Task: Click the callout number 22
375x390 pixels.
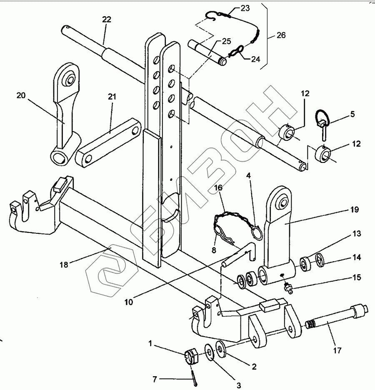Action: coord(106,20)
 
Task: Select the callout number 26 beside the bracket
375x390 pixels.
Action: coord(281,35)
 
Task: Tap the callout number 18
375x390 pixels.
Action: coord(64,265)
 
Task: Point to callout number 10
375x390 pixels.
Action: coord(129,302)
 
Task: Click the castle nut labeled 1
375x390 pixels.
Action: coord(191,357)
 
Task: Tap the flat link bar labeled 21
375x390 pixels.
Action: coord(109,142)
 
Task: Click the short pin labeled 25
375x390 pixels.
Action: coord(207,53)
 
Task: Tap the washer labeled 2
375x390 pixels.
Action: coord(220,349)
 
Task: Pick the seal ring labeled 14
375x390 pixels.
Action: coord(320,260)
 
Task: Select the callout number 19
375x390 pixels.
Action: coord(355,210)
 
